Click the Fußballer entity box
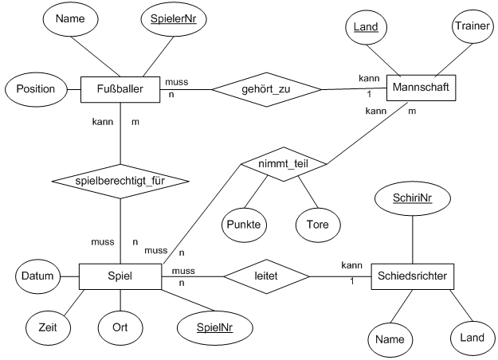tap(119, 89)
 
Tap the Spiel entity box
tap(119, 276)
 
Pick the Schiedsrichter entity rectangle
tap(413, 276)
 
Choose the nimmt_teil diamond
tap(283, 165)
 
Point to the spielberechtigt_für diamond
tap(119, 182)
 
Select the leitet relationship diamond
tap(266, 276)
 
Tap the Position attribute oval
tap(36, 89)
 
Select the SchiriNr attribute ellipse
tap(413, 197)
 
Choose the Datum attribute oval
tap(38, 276)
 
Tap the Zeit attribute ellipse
tap(46, 327)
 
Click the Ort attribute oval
tap(119, 327)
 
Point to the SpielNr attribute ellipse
tap(210, 327)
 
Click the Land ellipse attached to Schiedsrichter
tap(472, 338)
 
